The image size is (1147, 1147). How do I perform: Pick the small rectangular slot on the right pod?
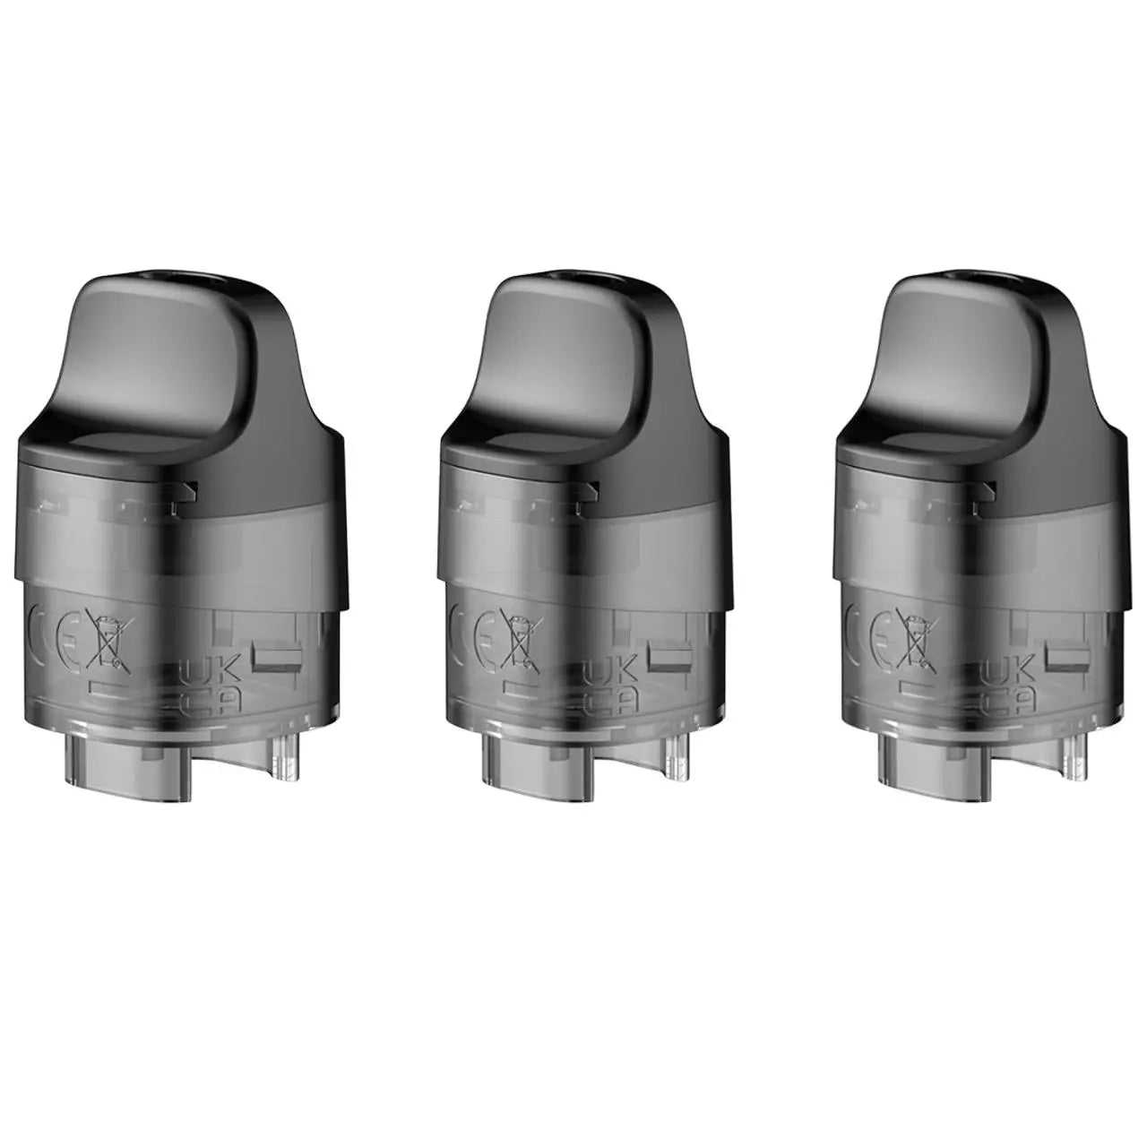(x=1069, y=657)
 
